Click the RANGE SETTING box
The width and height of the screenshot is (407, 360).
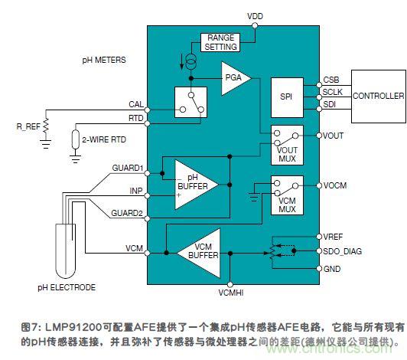(220, 42)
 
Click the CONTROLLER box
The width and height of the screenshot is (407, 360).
(378, 96)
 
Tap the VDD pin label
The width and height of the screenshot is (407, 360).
(256, 16)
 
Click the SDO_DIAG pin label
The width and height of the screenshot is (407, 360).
(342, 251)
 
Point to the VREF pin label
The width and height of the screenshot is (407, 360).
(334, 237)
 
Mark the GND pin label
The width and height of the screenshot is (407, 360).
(332, 268)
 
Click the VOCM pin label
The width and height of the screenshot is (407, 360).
(335, 186)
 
